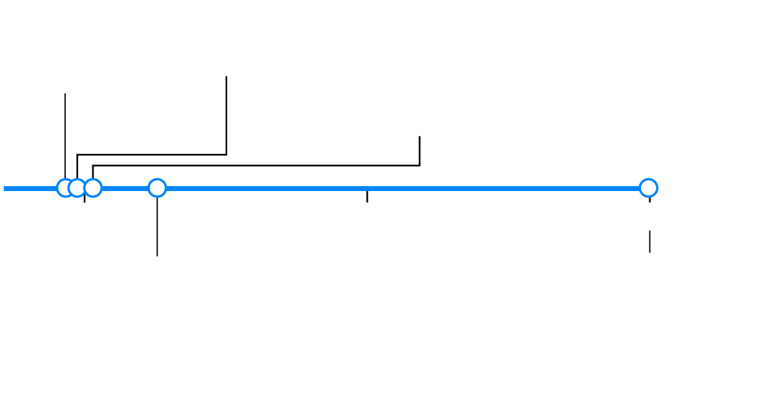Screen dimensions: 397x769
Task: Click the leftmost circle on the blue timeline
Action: [64, 187]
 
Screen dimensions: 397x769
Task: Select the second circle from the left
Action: [77, 187]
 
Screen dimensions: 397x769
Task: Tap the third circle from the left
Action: [93, 187]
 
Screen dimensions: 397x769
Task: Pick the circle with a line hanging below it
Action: [157, 187]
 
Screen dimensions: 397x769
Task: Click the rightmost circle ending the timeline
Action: [648, 187]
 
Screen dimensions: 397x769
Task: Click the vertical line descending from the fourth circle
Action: [157, 226]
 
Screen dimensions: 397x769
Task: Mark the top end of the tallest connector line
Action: [226, 77]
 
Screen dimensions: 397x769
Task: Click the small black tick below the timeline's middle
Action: [367, 197]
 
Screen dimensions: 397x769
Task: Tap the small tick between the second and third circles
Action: [84, 199]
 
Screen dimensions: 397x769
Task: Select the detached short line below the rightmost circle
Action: [649, 241]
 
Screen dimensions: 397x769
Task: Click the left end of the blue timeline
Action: [5, 189]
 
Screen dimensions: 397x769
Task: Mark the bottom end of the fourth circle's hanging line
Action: [157, 255]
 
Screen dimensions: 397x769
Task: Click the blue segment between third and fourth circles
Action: [125, 189]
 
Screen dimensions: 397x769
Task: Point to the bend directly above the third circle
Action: [93, 166]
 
